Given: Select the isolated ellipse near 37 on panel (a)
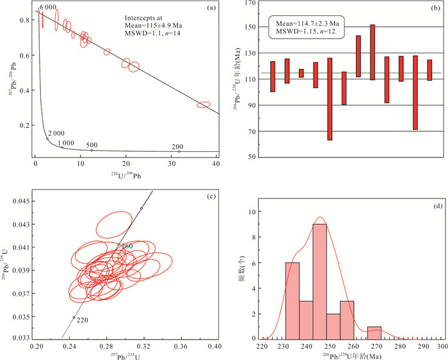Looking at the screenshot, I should tap(204, 104).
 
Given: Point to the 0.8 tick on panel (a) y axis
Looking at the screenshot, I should tap(24, 20).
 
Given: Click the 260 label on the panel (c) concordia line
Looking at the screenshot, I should tap(126, 247).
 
